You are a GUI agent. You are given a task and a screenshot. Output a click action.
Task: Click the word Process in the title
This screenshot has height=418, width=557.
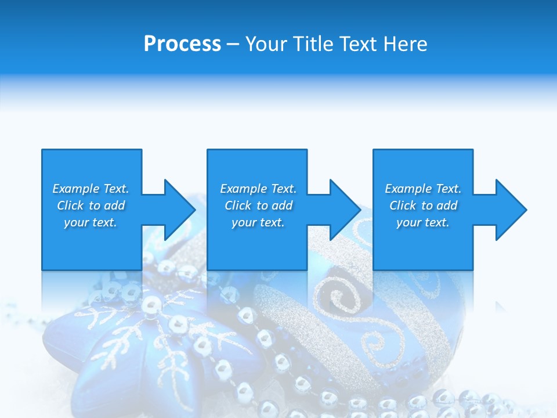182,44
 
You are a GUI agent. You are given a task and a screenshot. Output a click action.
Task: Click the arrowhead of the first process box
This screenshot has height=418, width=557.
178,210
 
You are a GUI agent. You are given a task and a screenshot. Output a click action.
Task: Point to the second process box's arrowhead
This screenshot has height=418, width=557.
343,210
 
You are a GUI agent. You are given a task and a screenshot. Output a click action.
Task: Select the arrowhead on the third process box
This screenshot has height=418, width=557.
509,210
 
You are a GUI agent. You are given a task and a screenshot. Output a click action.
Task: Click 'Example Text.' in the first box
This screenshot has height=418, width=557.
91,189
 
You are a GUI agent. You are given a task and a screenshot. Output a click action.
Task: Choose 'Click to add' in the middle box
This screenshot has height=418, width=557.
258,206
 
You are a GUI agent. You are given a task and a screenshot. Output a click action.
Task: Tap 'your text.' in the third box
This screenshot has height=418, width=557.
423,222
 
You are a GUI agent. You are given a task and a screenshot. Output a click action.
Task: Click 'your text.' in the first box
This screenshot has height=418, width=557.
91,222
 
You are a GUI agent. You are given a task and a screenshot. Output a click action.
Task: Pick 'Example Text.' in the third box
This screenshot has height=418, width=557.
423,189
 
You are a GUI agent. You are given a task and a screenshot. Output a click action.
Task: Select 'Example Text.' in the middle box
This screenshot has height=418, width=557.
258,189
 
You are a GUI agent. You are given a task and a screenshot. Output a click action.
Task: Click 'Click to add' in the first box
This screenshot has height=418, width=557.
91,206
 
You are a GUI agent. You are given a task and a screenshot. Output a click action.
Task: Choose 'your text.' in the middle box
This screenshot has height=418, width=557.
258,222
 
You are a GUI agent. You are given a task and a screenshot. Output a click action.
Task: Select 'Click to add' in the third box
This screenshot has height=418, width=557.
423,206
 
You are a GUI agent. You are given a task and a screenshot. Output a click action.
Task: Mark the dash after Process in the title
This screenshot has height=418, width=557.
233,45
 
